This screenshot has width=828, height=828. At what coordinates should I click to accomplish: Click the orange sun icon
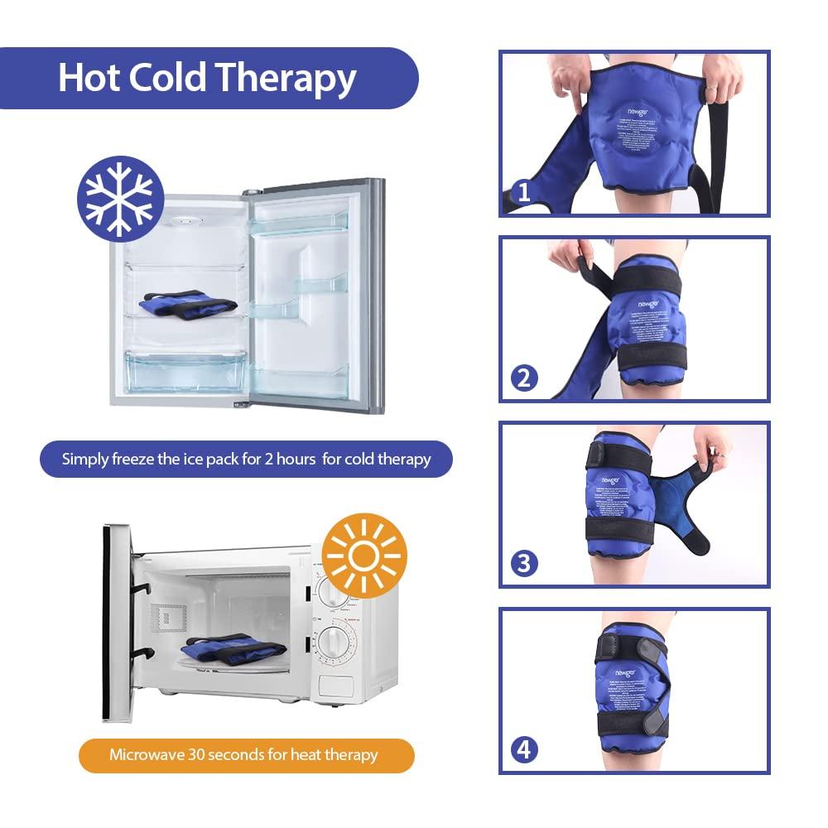[363, 556]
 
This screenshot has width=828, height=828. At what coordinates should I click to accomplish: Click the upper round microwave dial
[335, 593]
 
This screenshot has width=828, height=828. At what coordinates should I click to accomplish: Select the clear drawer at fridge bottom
[185, 370]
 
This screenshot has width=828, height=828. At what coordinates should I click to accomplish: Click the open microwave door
[117, 622]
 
